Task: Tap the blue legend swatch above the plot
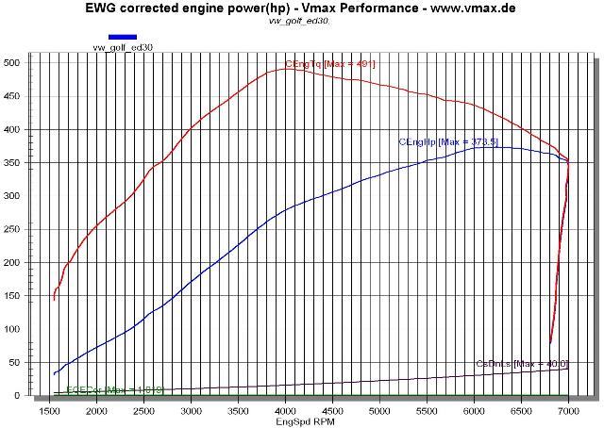tap(123, 38)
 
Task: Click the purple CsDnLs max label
tap(521, 364)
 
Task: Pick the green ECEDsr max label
tap(102, 389)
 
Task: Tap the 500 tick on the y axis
tap(12, 63)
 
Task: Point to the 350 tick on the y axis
tap(12, 163)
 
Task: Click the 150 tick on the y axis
tap(12, 296)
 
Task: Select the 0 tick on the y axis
tap(18, 396)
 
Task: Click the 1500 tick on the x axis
tap(50, 411)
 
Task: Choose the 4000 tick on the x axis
tap(286, 411)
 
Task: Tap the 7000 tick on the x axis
tap(568, 411)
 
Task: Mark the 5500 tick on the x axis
tap(427, 411)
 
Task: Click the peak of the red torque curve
tap(287, 68)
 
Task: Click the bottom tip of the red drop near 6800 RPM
tap(550, 343)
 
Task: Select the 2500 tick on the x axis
tap(144, 411)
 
